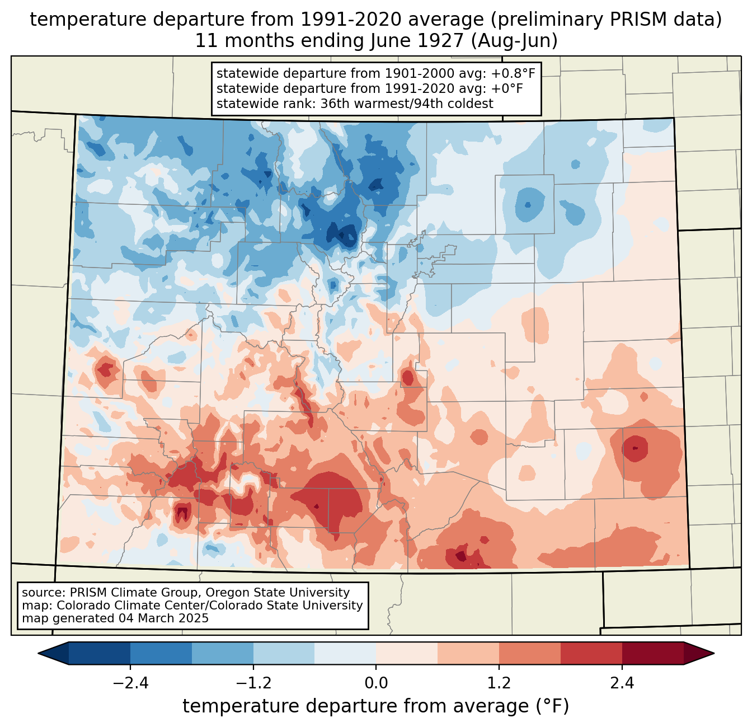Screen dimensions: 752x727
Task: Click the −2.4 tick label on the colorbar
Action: pos(130,683)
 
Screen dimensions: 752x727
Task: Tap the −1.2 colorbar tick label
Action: pos(253,683)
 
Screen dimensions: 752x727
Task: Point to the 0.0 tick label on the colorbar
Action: pos(376,683)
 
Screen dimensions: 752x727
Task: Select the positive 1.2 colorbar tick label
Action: pos(499,683)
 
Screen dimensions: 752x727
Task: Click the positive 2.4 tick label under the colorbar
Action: pos(622,683)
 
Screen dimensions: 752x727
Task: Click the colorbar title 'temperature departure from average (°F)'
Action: pos(375,706)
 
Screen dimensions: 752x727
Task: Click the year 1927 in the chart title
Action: pos(442,41)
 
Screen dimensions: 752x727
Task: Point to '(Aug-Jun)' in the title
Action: pos(514,41)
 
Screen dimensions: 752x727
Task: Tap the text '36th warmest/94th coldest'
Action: pos(407,104)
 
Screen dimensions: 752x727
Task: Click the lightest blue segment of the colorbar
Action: pos(345,654)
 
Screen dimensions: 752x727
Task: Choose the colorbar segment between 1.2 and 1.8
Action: pos(530,654)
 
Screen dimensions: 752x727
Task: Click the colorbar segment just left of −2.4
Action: pos(99,654)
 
